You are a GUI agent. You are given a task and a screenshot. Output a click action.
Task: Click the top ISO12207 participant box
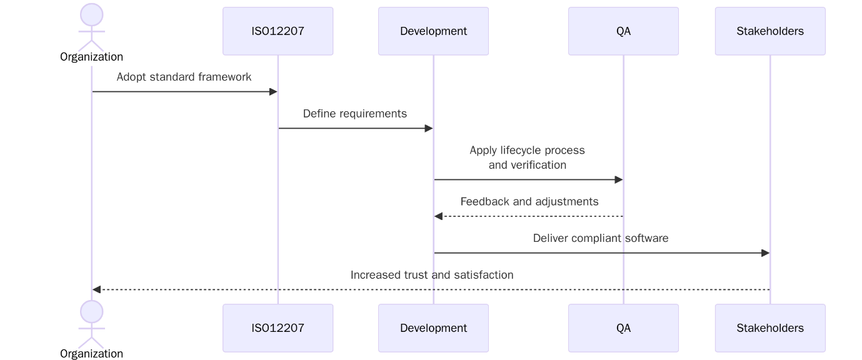click(x=278, y=31)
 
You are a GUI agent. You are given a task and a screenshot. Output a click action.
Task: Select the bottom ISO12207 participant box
click(x=278, y=328)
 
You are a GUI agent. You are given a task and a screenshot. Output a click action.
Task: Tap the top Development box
click(x=433, y=31)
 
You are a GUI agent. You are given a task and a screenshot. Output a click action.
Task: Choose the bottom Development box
click(x=433, y=328)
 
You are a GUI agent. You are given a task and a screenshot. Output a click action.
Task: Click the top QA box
click(x=623, y=31)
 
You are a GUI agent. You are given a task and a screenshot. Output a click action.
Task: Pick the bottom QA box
click(x=623, y=328)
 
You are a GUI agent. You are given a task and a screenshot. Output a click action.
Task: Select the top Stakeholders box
click(x=770, y=31)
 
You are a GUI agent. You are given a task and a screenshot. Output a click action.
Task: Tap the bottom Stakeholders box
click(x=770, y=328)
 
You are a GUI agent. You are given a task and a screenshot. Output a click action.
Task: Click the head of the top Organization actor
click(x=92, y=15)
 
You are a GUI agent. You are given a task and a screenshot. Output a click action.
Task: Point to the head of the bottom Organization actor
click(x=92, y=312)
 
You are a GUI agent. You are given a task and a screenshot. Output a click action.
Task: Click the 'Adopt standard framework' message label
click(x=184, y=77)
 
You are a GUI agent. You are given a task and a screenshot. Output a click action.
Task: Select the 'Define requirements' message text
click(x=354, y=114)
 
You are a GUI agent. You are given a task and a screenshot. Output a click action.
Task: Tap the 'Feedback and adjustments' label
click(x=529, y=202)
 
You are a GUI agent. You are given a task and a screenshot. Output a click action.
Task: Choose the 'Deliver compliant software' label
click(x=600, y=238)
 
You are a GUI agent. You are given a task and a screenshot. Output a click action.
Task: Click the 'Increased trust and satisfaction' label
click(x=431, y=275)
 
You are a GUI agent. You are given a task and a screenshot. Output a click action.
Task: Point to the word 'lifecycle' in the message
click(x=522, y=151)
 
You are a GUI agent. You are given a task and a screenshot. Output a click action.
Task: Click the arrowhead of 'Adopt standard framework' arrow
click(x=273, y=92)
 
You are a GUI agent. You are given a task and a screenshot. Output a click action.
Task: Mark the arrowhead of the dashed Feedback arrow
click(x=438, y=216)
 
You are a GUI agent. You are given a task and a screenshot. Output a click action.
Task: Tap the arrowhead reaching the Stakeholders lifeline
click(x=765, y=253)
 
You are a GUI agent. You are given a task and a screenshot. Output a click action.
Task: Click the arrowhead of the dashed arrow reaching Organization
click(x=97, y=290)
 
